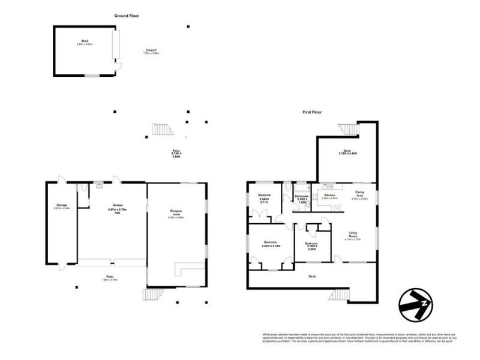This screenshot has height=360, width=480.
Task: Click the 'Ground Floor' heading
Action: (x=127, y=16)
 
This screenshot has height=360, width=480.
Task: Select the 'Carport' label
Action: (x=152, y=51)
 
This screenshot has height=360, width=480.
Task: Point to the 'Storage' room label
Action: (x=62, y=206)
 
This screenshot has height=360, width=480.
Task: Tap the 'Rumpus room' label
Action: (x=176, y=213)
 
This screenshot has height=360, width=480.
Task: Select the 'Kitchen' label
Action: (x=330, y=196)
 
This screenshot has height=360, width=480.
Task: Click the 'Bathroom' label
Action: (x=301, y=198)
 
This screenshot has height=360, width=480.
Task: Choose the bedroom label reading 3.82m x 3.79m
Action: (x=271, y=244)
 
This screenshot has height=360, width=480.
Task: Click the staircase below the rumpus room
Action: (x=152, y=295)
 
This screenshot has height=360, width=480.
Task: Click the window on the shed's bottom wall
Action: (x=92, y=76)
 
